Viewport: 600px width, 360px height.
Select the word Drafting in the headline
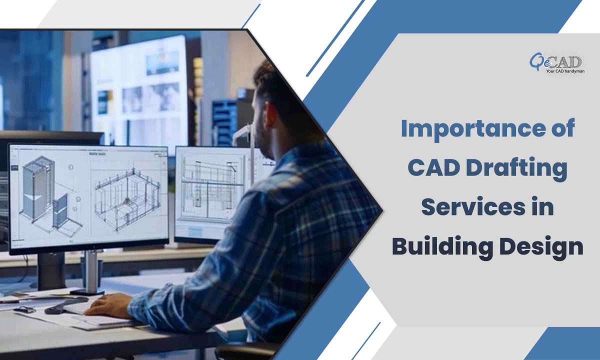click(x=516, y=170)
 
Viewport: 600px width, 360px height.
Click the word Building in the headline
click(x=442, y=247)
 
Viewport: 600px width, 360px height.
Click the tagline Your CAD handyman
click(x=565, y=71)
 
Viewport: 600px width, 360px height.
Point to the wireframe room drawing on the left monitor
click(x=127, y=199)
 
